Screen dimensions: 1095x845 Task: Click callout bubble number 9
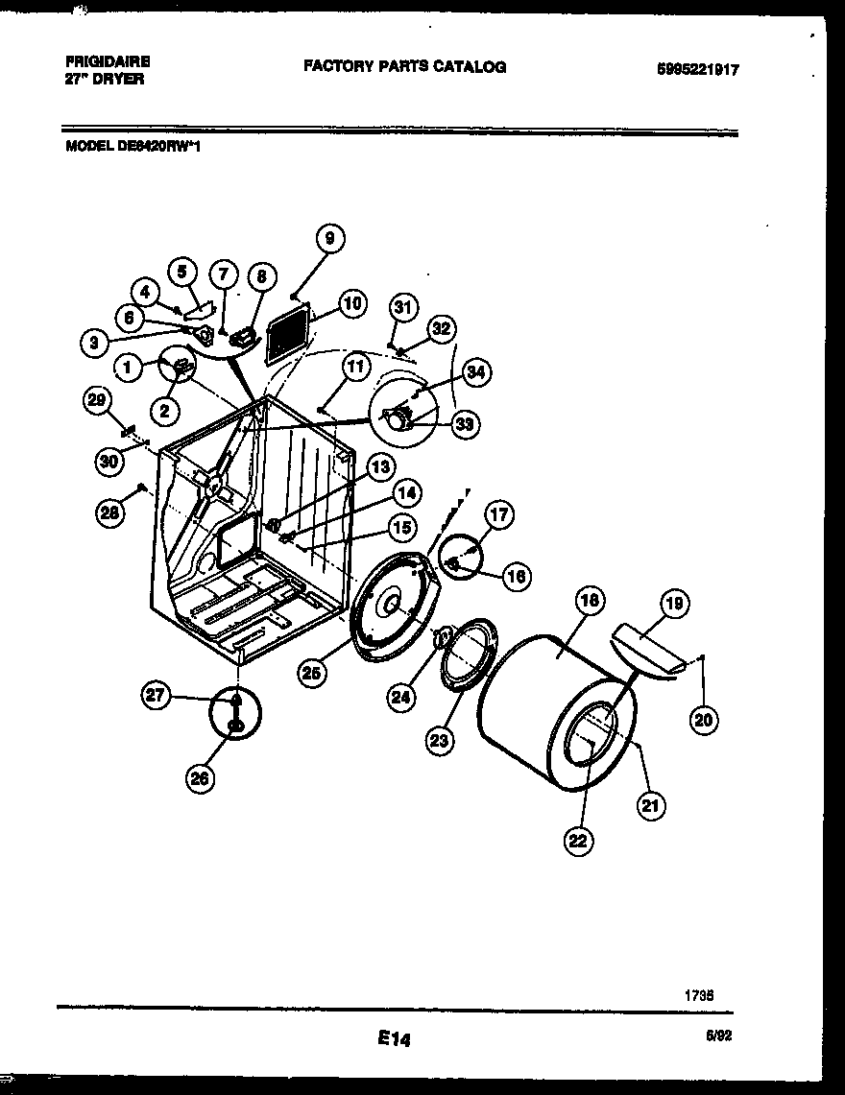click(x=329, y=239)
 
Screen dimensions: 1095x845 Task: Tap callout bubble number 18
click(x=590, y=602)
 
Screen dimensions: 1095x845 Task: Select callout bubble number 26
click(x=199, y=778)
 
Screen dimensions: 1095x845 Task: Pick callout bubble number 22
click(x=577, y=841)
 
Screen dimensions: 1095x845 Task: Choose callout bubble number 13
click(x=381, y=467)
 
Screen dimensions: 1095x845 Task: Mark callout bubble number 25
click(x=310, y=674)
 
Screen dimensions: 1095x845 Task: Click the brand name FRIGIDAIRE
click(x=103, y=60)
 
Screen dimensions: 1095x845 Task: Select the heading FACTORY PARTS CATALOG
click(x=404, y=66)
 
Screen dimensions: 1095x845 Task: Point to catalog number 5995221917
click(x=698, y=69)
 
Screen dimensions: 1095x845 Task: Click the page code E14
click(x=394, y=1038)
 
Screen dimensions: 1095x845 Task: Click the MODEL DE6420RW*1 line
click(x=133, y=148)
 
